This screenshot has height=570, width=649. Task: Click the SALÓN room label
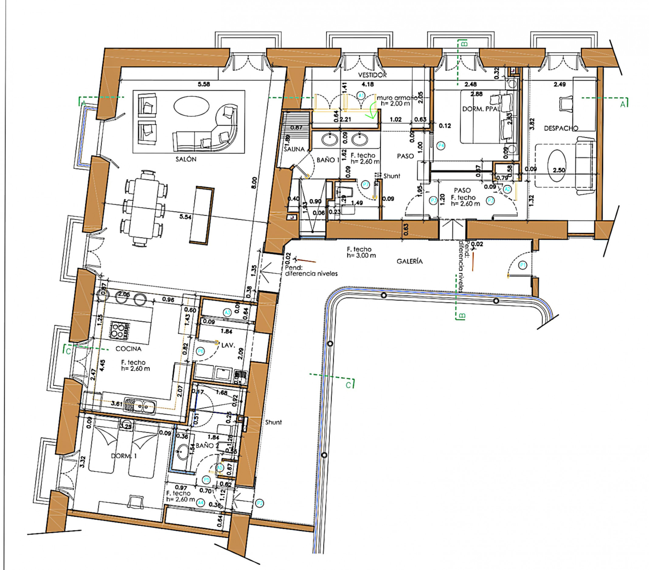186,159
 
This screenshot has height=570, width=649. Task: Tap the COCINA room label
128,349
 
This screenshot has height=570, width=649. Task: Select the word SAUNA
294,149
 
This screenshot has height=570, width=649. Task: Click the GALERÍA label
410,261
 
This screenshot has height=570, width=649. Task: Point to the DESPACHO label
561,128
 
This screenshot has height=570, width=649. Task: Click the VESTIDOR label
373,75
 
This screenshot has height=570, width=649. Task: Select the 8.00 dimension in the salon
254,183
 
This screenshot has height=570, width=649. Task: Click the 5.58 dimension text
203,84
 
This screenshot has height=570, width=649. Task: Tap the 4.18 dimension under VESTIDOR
368,84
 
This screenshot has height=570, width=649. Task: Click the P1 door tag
522,265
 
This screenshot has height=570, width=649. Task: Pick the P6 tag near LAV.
200,351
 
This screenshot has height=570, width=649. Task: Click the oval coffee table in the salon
191,106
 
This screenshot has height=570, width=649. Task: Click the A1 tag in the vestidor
361,95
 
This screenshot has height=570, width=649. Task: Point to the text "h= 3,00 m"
361,255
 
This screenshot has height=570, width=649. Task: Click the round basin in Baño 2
182,452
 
